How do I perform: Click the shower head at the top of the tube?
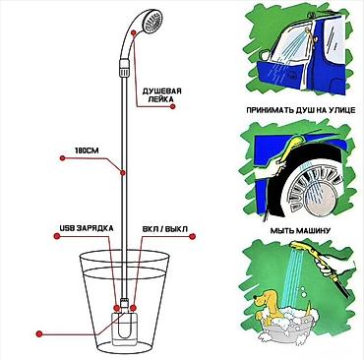tap(152, 22)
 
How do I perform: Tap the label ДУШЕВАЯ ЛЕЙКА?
tap(161, 94)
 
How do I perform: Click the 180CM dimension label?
tap(87, 150)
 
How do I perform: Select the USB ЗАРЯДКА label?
tap(87, 228)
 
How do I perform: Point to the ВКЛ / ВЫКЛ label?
tap(165, 229)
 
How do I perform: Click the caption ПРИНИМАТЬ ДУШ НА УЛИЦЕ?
tap(300, 110)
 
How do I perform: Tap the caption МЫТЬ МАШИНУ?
tap(300, 230)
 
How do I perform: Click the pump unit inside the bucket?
tap(123, 328)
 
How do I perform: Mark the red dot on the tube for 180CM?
tap(123, 172)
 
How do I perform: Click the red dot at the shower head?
tap(134, 32)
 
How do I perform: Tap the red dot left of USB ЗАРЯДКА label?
tap(57, 236)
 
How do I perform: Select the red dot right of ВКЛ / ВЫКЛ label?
tap(193, 236)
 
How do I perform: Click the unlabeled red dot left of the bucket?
tap(39, 334)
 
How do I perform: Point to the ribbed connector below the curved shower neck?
tap(124, 67)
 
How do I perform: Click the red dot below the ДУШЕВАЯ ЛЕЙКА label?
tap(173, 106)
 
